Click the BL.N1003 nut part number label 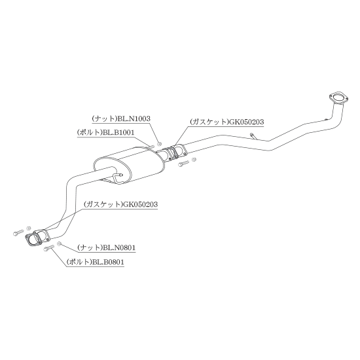click(x=121, y=118)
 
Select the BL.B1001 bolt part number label click(x=106, y=132)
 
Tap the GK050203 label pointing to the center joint click(x=226, y=122)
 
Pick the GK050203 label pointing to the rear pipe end click(x=121, y=204)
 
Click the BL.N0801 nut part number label click(x=107, y=247)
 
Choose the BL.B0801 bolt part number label click(x=96, y=262)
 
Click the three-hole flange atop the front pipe click(x=338, y=98)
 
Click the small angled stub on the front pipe click(x=253, y=135)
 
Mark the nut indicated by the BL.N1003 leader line click(x=158, y=144)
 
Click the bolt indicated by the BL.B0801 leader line click(x=48, y=248)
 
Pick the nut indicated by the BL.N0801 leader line click(x=59, y=243)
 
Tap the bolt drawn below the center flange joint click(x=183, y=163)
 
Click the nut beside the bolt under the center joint click(x=194, y=159)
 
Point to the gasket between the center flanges click(x=170, y=153)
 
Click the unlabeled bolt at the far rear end click(x=18, y=232)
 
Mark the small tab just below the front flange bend click(x=326, y=119)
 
